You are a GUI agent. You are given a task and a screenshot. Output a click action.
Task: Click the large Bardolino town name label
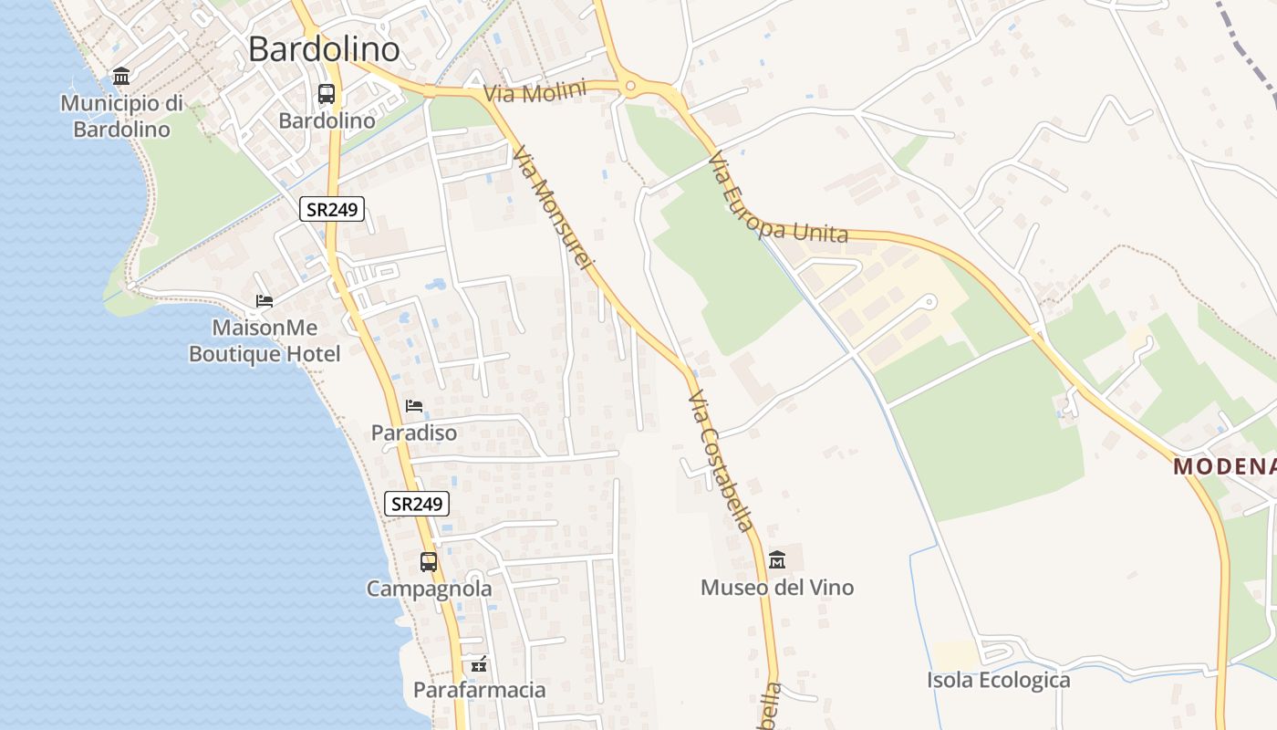tap(324, 49)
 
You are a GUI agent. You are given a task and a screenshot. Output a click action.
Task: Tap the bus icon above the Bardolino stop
tap(327, 93)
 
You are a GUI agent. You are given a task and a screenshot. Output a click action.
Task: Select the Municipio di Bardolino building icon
tap(121, 76)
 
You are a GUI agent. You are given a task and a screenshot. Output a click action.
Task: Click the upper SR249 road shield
tap(332, 209)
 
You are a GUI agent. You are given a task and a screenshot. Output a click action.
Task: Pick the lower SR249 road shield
tap(417, 503)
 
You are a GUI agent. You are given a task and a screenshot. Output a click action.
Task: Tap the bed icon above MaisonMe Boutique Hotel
tap(265, 300)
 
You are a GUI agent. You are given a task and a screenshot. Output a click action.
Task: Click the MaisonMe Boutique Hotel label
tap(265, 340)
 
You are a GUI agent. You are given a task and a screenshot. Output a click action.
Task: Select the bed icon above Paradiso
tap(414, 405)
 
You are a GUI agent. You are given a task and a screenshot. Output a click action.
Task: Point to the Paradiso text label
tap(414, 433)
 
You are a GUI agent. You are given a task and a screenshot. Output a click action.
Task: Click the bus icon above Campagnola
tap(429, 562)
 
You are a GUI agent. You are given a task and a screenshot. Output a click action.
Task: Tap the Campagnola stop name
tap(429, 589)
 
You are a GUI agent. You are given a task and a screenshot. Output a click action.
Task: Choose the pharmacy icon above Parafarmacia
tap(479, 663)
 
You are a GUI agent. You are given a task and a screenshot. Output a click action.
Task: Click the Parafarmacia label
tap(480, 690)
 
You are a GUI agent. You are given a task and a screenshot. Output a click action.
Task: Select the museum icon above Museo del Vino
tap(777, 559)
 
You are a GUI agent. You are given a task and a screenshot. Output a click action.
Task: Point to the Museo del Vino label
tap(777, 587)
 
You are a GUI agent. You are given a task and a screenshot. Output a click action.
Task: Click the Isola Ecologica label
tap(999, 680)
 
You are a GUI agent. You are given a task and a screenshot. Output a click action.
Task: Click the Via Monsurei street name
tap(553, 209)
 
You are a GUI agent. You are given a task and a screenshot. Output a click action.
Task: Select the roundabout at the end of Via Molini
tap(630, 88)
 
